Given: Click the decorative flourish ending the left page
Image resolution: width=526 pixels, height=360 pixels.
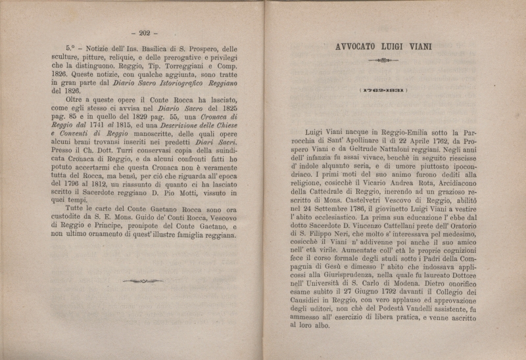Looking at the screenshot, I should (x=143, y=281).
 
